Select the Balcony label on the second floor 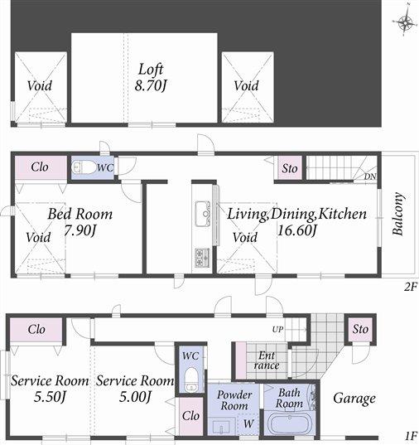(x=398, y=215)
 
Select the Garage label (x=354, y=398)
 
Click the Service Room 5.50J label (x=49, y=389)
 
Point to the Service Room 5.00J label (x=134, y=389)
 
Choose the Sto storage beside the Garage (x=359, y=329)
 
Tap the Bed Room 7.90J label (x=79, y=221)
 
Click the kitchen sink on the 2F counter (x=203, y=215)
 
